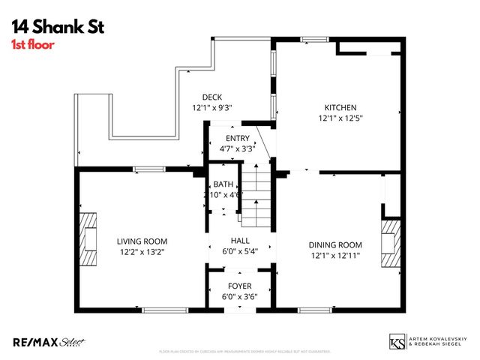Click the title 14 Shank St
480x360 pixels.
(x=57, y=27)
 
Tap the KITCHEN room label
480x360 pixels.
(x=340, y=107)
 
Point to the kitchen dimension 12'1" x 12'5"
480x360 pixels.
(x=340, y=118)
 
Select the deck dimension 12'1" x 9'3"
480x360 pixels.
(x=212, y=107)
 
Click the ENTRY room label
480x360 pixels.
(x=237, y=138)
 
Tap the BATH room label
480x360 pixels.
(x=223, y=184)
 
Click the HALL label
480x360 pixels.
(x=239, y=241)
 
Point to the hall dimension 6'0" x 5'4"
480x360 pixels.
(x=239, y=251)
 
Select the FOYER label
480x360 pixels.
(x=239, y=286)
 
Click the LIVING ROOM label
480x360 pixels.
(x=142, y=241)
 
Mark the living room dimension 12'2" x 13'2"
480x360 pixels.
(x=142, y=252)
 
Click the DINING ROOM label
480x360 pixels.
(x=335, y=244)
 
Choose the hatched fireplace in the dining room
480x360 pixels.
(x=391, y=243)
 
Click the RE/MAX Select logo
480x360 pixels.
(x=49, y=342)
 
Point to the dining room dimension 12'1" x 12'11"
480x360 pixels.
(x=335, y=256)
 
